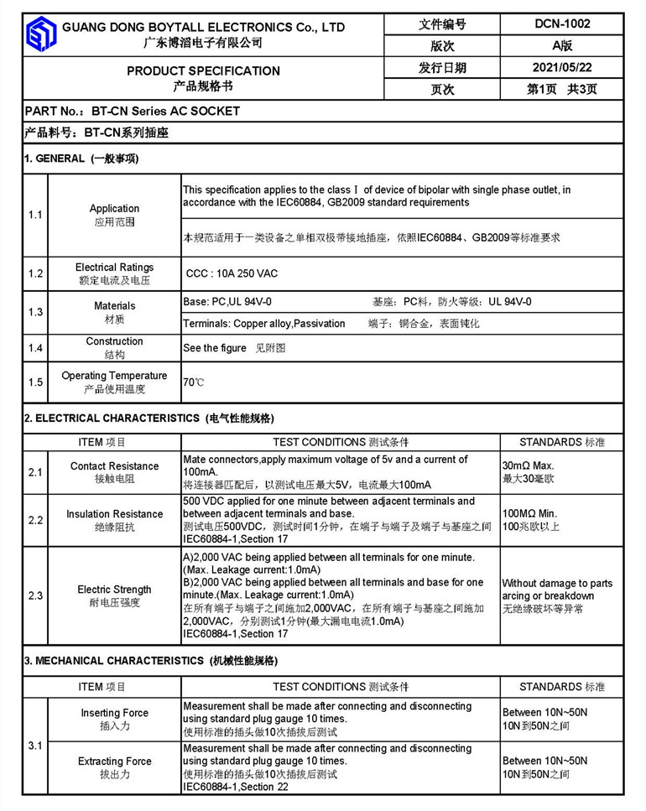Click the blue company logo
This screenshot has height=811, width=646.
pyautogui.click(x=40, y=34)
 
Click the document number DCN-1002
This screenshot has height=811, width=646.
pyautogui.click(x=562, y=23)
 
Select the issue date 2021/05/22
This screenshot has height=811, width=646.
pyautogui.click(x=562, y=68)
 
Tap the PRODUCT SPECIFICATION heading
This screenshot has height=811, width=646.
pyautogui.click(x=203, y=70)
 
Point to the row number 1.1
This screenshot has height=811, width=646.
pyautogui.click(x=35, y=215)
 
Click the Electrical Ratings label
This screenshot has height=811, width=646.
pyautogui.click(x=114, y=268)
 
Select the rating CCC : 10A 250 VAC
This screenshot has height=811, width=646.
pyautogui.click(x=232, y=273)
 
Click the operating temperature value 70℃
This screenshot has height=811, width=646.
pyautogui.click(x=193, y=382)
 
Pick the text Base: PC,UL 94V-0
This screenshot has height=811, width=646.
pyautogui.click(x=227, y=302)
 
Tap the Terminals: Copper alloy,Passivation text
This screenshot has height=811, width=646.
pyautogui.click(x=264, y=324)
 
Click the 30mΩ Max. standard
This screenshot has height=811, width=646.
pyautogui.click(x=529, y=465)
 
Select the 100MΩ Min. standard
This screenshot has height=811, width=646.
pyautogui.click(x=531, y=513)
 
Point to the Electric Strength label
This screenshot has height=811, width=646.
pyautogui.click(x=114, y=590)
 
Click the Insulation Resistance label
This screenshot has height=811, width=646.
pyautogui.click(x=114, y=514)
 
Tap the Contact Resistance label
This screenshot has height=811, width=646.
pyautogui.click(x=114, y=466)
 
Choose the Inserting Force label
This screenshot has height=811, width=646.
pyautogui.click(x=114, y=713)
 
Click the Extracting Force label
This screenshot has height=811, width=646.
pyautogui.click(x=114, y=762)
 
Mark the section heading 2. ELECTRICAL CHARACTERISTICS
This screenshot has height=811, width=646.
pyautogui.click(x=112, y=418)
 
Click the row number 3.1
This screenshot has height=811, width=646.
pyautogui.click(x=35, y=746)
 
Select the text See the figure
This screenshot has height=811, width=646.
pyautogui.click(x=215, y=347)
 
